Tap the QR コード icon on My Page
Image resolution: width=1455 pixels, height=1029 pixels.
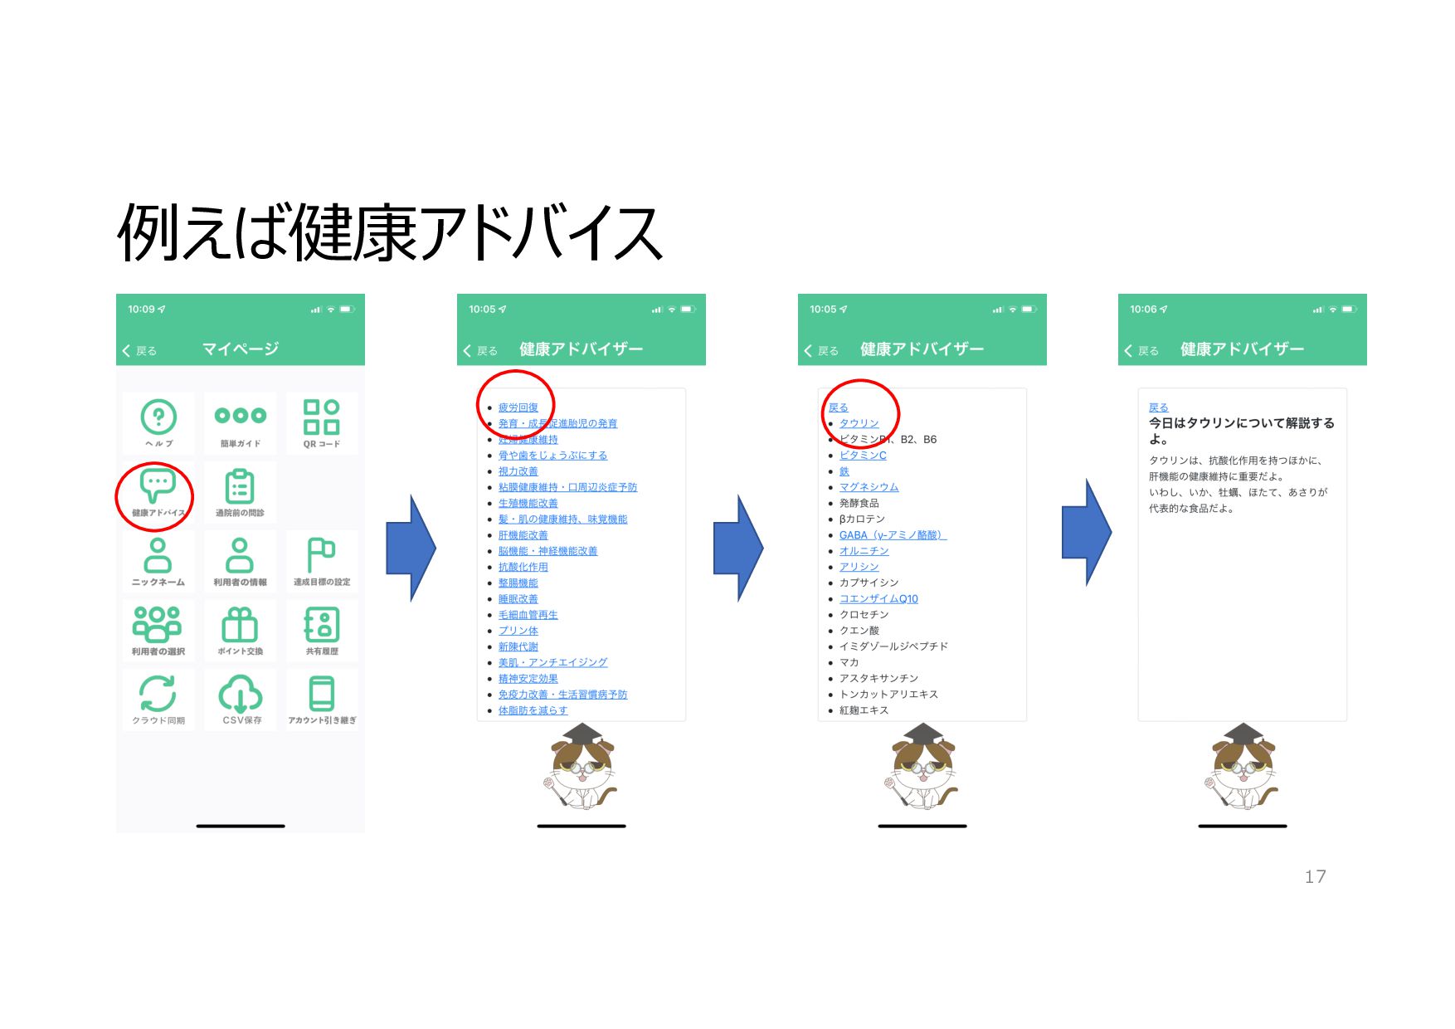click(321, 417)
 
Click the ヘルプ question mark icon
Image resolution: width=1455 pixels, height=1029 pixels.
click(158, 417)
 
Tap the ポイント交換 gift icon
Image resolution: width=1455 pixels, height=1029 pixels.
click(240, 625)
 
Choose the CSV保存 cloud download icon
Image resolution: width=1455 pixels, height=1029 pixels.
click(241, 694)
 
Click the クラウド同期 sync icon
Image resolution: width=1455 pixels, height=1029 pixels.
click(158, 694)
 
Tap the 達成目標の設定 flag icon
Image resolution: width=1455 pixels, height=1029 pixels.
click(321, 555)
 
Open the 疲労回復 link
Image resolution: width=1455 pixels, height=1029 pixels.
click(518, 407)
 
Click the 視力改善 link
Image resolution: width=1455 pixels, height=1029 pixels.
click(518, 471)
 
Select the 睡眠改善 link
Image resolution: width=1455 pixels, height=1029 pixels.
click(518, 599)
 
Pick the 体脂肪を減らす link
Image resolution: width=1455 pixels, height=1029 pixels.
click(533, 710)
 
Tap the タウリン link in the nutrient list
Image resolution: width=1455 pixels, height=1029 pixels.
click(859, 423)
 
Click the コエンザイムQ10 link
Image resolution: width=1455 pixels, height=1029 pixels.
click(878, 599)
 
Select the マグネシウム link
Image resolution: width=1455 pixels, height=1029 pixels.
click(869, 487)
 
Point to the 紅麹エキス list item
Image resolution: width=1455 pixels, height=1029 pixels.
click(864, 710)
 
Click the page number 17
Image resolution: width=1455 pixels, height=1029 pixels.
click(1315, 877)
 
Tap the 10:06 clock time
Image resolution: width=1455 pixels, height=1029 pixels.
click(1142, 310)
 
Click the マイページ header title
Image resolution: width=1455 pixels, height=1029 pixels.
click(241, 349)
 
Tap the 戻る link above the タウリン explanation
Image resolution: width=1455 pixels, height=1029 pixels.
click(1158, 407)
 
